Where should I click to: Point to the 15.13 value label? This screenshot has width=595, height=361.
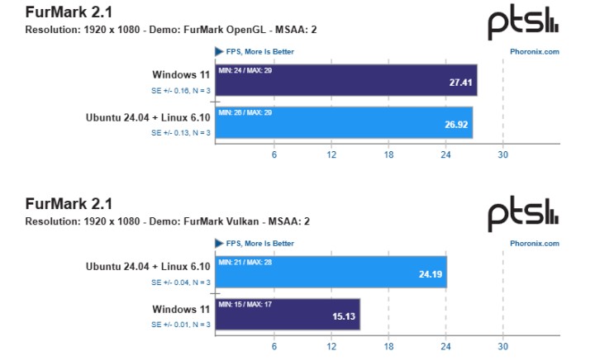343,316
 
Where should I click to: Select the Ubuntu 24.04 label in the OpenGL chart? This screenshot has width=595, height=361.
148,117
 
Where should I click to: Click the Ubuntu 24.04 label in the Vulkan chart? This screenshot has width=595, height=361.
148,266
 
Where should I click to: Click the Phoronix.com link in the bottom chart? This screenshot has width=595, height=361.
534,244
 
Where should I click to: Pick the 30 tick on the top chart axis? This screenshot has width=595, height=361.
502,154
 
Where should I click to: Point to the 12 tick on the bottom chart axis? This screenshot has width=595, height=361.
331,347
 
